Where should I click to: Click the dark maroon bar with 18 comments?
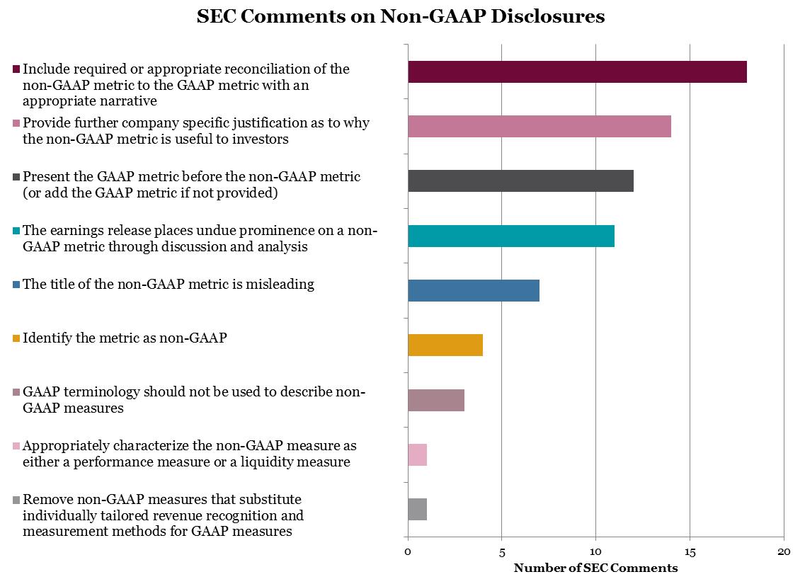pyautogui.click(x=577, y=72)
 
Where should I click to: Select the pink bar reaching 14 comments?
pyautogui.click(x=539, y=126)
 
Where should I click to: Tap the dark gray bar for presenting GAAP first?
pyautogui.click(x=520, y=181)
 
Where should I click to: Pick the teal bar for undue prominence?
pyautogui.click(x=511, y=236)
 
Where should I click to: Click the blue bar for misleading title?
pyautogui.click(x=474, y=290)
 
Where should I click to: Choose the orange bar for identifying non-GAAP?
pyautogui.click(x=445, y=345)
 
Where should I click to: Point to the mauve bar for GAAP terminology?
pyautogui.click(x=436, y=400)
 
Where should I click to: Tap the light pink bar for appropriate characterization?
pyautogui.click(x=418, y=454)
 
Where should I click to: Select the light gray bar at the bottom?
pyautogui.click(x=418, y=509)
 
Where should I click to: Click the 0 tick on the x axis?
pyautogui.click(x=408, y=551)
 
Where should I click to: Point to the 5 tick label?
pyautogui.click(x=502, y=551)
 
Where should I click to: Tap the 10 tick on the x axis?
pyautogui.click(x=595, y=551)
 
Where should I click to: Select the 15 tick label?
pyautogui.click(x=690, y=551)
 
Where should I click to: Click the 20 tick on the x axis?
pyautogui.click(x=784, y=551)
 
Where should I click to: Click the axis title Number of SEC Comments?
pyautogui.click(x=595, y=568)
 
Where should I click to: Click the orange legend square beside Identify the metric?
pyautogui.click(x=16, y=339)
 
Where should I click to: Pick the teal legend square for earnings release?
pyautogui.click(x=16, y=231)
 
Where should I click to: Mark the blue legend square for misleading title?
pyautogui.click(x=16, y=285)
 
